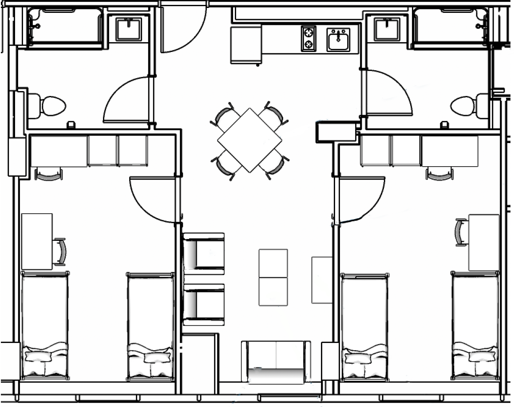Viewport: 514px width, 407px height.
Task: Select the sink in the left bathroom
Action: tap(129, 29)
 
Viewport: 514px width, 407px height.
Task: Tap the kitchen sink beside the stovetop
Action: tap(339, 40)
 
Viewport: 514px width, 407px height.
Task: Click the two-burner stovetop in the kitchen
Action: tap(308, 39)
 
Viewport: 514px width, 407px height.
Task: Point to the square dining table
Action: tap(249, 140)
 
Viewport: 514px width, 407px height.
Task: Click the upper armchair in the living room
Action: tap(204, 252)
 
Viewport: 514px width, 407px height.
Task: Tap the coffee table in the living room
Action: tap(273, 277)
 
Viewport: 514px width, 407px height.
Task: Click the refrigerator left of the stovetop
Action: tap(245, 44)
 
